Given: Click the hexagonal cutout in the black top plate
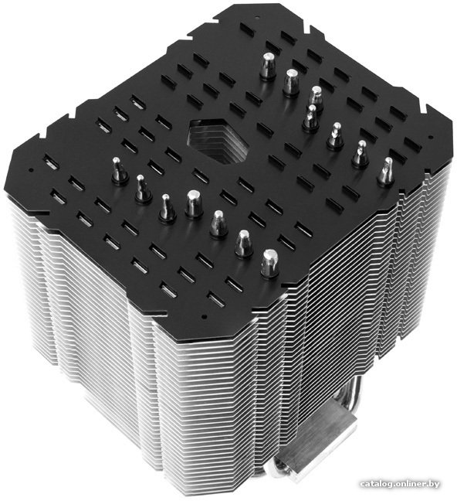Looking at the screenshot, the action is coord(219,139).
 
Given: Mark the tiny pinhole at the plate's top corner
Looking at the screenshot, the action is coord(256,15).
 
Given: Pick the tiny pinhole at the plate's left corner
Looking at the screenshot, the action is coord(31,170).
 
